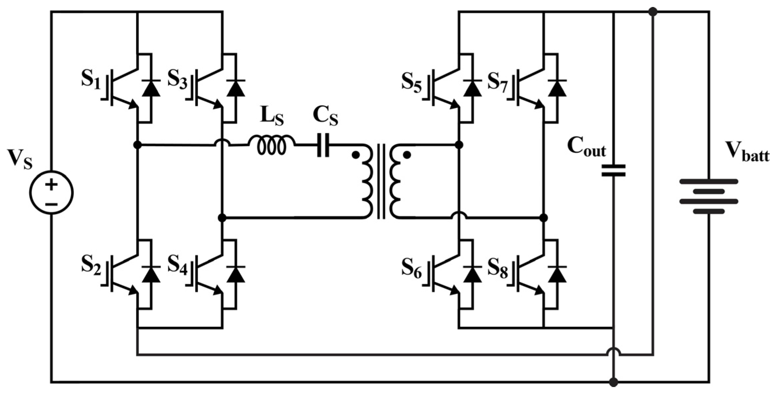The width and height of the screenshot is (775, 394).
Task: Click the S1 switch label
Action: [x=91, y=80]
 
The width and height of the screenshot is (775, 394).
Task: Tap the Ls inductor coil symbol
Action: [x=272, y=145]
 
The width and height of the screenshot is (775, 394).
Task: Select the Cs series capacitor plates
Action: [x=323, y=145]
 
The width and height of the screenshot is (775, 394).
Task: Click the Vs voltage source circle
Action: [x=51, y=192]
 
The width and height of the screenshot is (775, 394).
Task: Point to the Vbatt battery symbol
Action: [x=709, y=196]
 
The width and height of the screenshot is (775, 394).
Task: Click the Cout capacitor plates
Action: [x=613, y=170]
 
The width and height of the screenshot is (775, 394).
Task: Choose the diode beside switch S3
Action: [x=236, y=88]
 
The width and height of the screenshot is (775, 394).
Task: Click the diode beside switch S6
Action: [x=472, y=274]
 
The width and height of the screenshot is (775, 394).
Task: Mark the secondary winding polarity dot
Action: [x=407, y=155]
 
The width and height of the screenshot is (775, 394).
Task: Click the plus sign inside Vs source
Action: [x=51, y=184]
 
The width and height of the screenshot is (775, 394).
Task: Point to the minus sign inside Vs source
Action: [x=51, y=203]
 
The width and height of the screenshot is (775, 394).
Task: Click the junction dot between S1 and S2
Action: [x=137, y=145]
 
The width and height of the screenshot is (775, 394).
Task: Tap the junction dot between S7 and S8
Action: [x=544, y=218]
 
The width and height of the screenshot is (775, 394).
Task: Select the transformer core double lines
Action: [x=381, y=181]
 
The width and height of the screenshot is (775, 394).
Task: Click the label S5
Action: [x=411, y=82]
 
